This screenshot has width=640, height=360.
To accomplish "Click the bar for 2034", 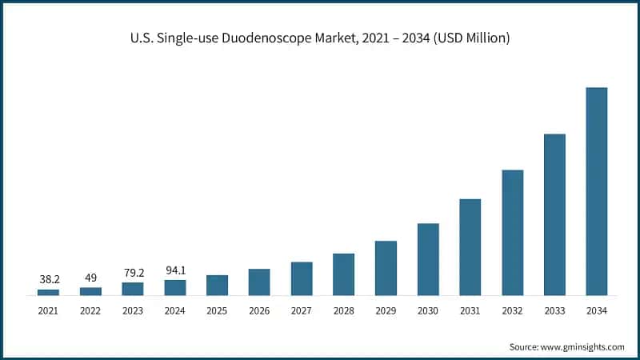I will coord(597,191).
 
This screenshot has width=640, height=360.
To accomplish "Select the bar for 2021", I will coord(48,292).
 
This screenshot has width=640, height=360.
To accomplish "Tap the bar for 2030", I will coord(428,259).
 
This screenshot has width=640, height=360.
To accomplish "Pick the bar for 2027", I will coord(302,278).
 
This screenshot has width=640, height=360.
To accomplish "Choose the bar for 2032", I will coord(513,232).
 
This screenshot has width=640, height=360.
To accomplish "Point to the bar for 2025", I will coord(217,285).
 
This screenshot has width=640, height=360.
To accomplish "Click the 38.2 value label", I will coord(48,280).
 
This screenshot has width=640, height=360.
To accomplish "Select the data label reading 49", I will coord(90,278).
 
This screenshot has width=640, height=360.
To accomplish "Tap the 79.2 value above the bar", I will coord(133,273).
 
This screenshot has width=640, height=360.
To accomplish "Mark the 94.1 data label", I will coord(174,270).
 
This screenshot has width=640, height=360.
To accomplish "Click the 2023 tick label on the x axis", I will coord(133,310).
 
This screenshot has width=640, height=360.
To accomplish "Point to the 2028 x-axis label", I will coord(343,310).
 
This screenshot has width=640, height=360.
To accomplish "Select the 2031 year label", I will coord(470,310).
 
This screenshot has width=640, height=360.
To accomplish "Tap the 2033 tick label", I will coord(554,310).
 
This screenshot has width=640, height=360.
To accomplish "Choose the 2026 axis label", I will coord(259,310).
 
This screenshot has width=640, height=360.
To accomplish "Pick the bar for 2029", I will coord(386,268).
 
